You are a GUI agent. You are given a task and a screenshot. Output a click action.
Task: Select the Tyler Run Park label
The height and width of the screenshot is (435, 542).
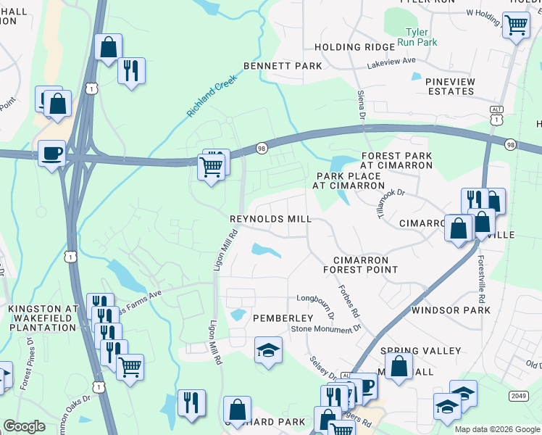[417, 38]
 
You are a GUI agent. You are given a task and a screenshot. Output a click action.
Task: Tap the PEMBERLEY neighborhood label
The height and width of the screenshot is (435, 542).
[283, 318]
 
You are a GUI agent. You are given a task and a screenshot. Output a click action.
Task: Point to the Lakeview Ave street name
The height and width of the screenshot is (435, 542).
[392, 62]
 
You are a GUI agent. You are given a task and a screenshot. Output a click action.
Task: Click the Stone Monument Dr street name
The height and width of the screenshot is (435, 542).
[325, 329]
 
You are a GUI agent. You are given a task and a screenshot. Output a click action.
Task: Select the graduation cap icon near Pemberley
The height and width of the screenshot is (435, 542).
[268, 350]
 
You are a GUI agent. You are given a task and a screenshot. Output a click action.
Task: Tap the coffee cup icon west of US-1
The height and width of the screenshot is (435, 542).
[51, 153]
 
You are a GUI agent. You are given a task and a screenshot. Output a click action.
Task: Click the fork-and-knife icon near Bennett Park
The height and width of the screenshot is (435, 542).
[131, 70]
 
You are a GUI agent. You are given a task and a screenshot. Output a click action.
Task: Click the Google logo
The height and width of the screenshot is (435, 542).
[25, 426]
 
